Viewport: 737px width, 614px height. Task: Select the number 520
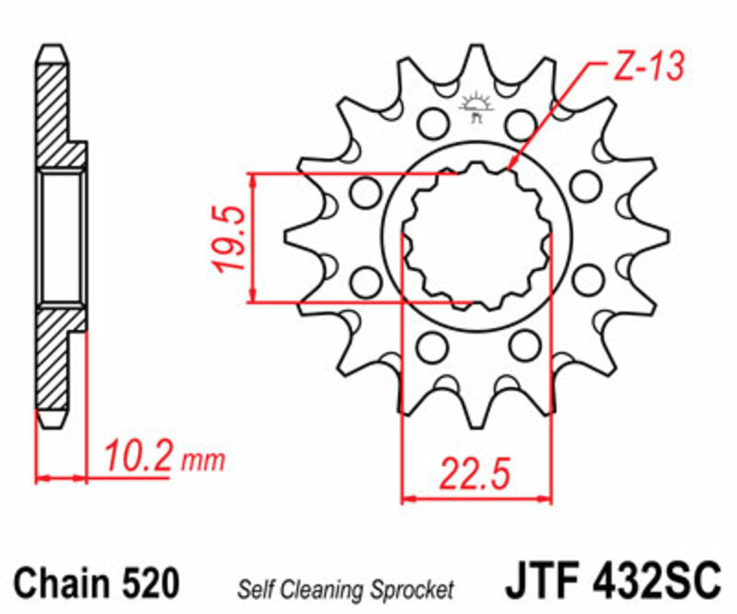coord(148,584)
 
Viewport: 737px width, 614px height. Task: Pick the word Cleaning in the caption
coord(316,587)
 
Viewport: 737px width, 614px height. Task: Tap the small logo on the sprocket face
coord(476,106)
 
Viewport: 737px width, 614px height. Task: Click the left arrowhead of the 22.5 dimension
coord(408,499)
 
